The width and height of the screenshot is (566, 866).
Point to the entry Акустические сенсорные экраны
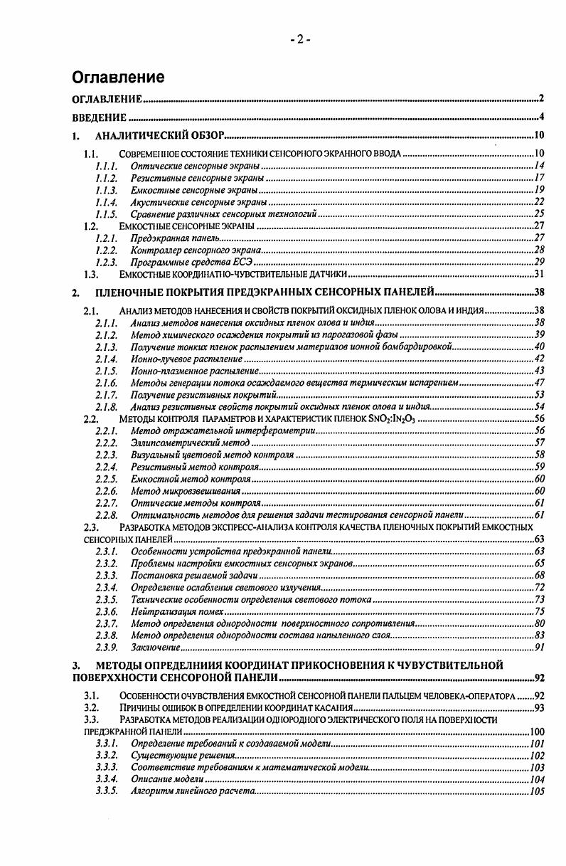coord(198,202)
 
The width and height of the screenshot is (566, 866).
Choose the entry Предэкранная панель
coord(175,237)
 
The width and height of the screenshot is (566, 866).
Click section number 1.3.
coord(90,274)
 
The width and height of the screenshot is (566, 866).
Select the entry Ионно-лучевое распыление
coord(187,358)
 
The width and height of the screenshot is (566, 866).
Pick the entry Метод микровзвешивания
coord(187,491)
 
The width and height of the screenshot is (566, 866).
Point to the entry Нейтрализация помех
coord(177,611)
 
